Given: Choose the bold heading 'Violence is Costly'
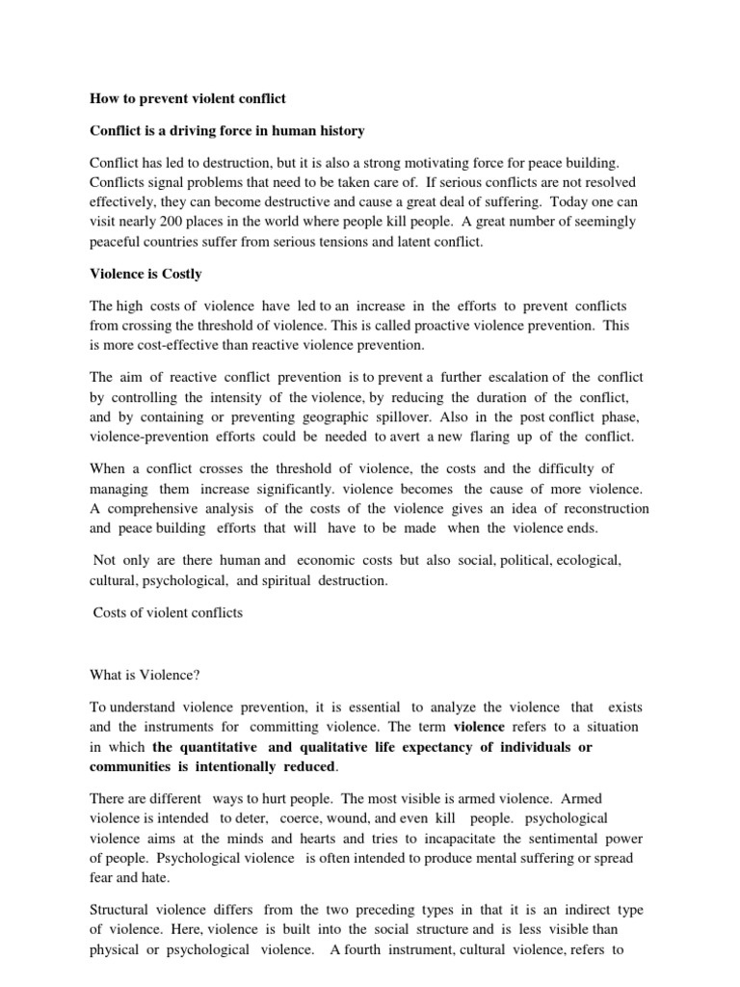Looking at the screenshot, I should tap(145, 274).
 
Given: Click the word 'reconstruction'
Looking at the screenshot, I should tap(602, 508).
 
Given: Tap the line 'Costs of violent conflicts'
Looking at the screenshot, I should tap(168, 613).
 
